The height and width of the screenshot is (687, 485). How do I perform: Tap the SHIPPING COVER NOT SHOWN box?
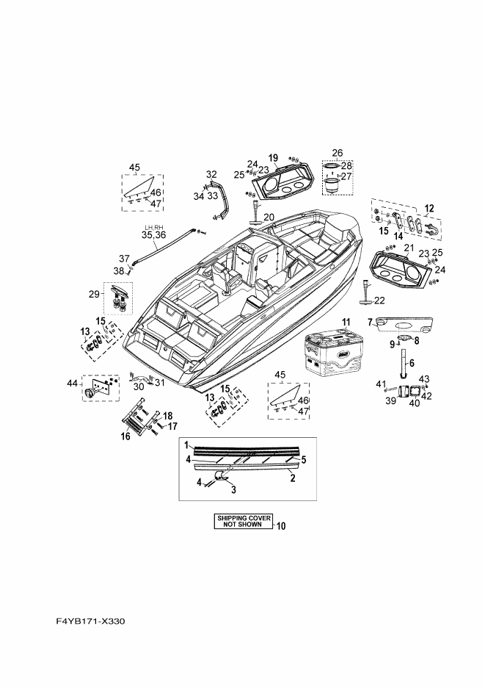241,522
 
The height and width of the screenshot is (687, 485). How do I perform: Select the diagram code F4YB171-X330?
91,622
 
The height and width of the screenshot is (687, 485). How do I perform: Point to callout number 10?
282,526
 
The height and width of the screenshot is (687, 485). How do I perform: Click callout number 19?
272,158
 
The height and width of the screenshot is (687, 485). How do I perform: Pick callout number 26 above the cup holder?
337,153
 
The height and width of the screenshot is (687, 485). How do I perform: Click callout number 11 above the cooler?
346,322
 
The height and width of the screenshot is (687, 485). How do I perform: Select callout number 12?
429,208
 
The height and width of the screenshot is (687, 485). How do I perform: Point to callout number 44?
72,383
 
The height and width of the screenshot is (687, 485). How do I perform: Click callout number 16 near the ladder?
125,436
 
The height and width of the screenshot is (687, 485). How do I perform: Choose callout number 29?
94,295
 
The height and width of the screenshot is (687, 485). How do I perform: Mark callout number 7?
372,321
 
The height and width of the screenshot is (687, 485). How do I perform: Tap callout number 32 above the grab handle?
211,174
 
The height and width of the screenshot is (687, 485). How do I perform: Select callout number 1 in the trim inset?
187,445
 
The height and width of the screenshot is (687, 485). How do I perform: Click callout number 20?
268,217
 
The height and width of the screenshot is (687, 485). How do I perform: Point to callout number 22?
379,300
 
